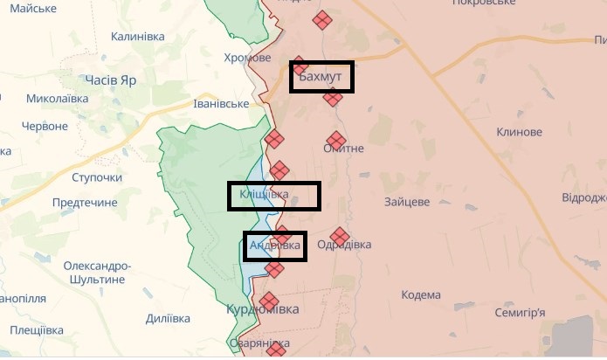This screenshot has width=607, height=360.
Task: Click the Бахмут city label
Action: (x=323, y=78)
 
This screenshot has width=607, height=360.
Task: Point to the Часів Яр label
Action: (x=111, y=80)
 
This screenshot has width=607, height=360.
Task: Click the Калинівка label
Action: (x=137, y=37)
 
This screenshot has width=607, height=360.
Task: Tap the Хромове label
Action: (x=247, y=58)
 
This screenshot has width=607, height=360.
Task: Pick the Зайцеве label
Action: (x=407, y=202)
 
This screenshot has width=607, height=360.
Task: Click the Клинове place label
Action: (x=519, y=132)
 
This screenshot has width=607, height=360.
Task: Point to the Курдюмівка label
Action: (x=262, y=310)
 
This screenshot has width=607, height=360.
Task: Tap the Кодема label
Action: (x=423, y=294)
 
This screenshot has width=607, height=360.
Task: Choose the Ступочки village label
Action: (x=97, y=178)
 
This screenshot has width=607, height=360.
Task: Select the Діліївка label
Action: (x=168, y=319)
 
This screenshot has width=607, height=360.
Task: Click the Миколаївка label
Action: (x=58, y=99)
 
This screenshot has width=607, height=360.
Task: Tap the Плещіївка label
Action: (x=38, y=330)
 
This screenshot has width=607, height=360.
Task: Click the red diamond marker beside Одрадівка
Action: (x=340, y=236)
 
